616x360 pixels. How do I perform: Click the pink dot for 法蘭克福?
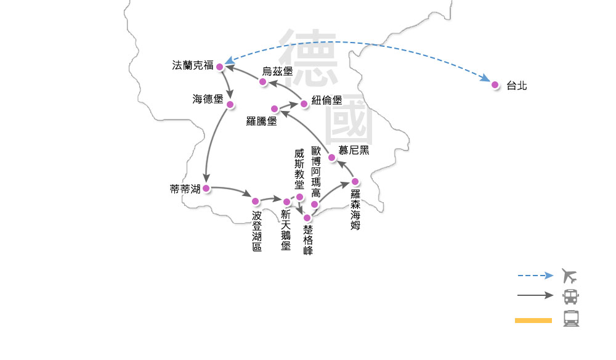coord(220,67)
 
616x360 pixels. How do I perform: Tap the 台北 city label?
coord(517,86)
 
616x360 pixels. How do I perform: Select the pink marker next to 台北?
coord(495,84)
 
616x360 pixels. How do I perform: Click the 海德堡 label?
coord(208,99)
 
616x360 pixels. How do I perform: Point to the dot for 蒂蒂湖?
coord(206,188)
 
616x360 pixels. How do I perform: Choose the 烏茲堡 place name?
coord(277,71)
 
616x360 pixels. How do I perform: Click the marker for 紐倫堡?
coord(304,104)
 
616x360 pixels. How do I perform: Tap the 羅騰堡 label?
coord(261,121)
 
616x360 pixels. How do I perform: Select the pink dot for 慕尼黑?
coord(331,158)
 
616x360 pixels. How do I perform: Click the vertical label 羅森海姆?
coord(355,210)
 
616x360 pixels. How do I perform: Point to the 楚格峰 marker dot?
coord(307,218)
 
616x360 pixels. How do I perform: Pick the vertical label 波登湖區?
coord(257,231)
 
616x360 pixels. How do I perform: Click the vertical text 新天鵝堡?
coord(286,230)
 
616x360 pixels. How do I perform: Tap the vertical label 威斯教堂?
coord(299,169)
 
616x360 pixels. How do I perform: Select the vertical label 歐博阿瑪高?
coord(316,172)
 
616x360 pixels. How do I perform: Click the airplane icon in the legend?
coord(569,276)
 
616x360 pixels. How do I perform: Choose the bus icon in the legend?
coord(570,297)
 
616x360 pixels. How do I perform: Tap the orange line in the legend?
coord(533,321)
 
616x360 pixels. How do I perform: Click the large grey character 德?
coord(308,57)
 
